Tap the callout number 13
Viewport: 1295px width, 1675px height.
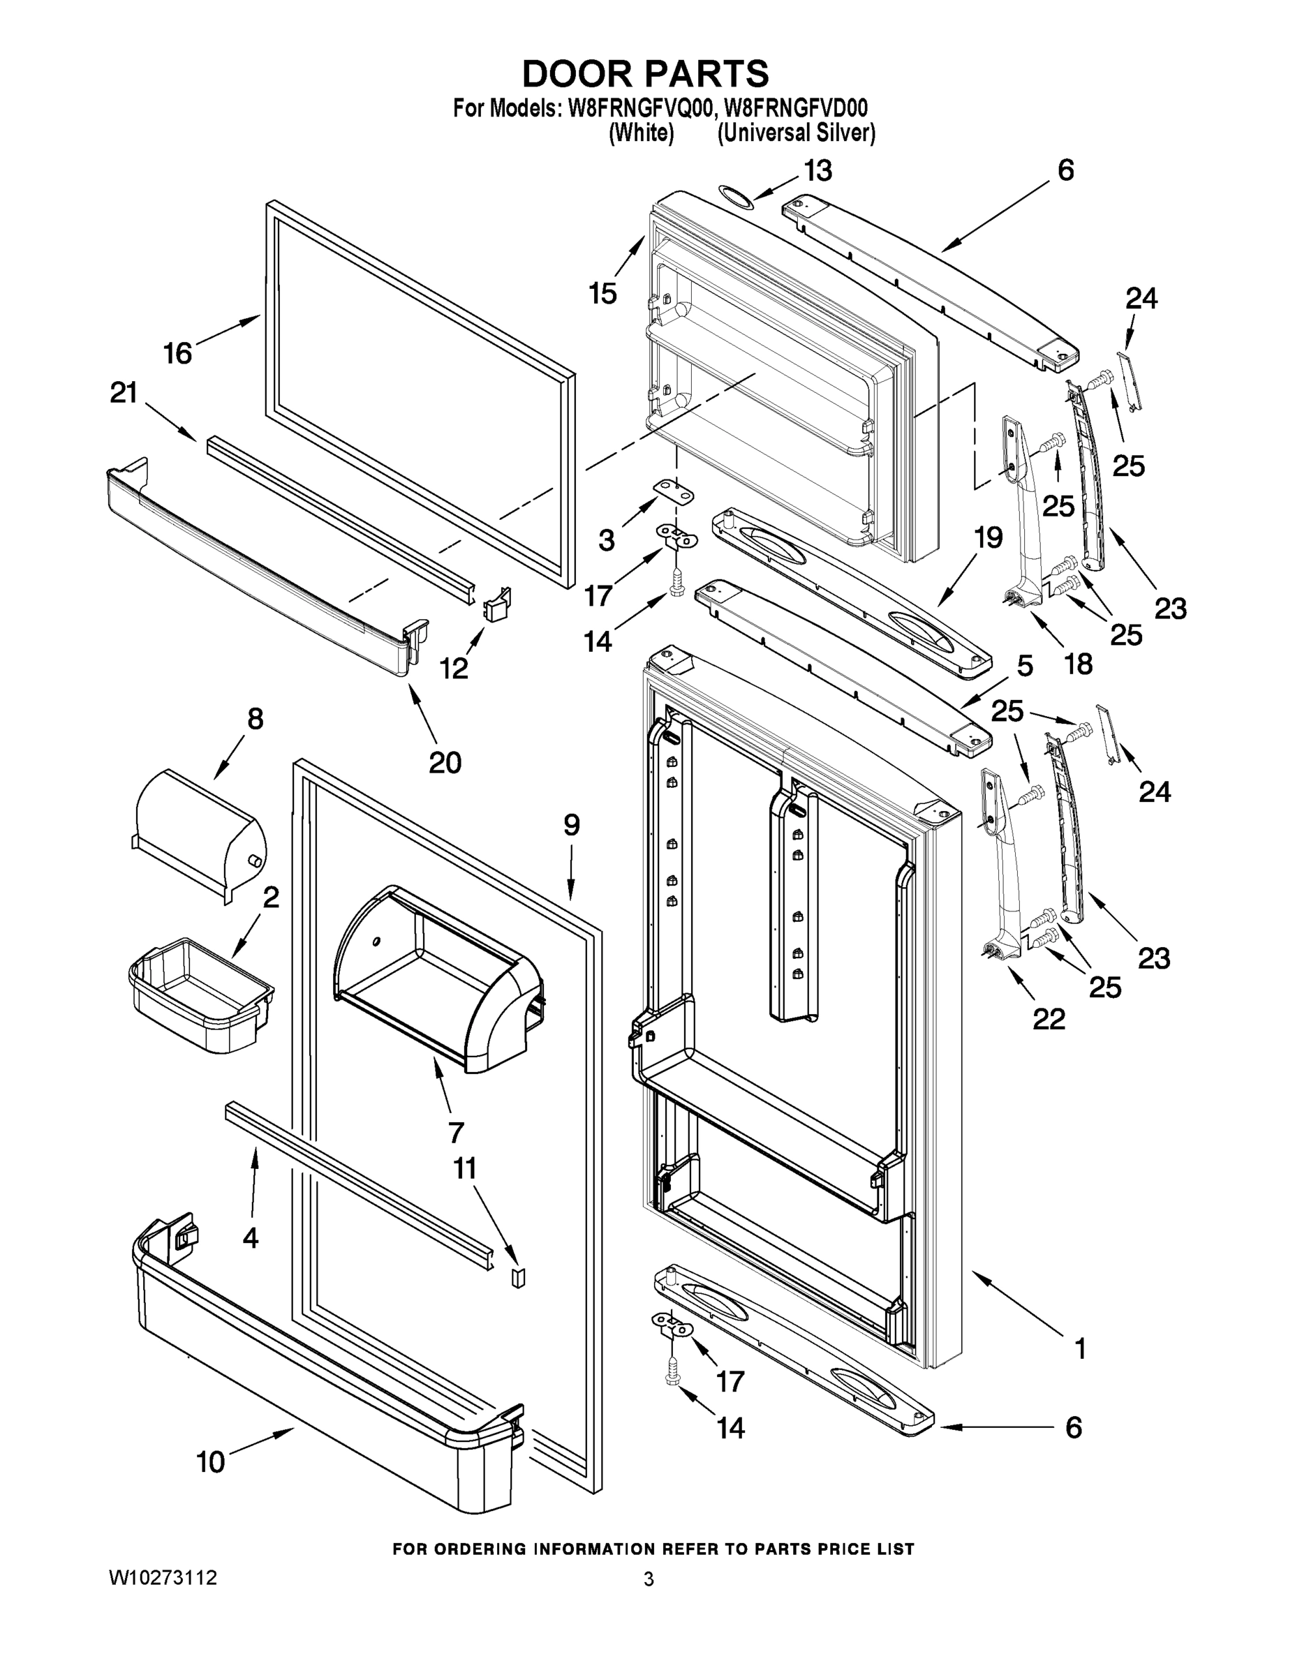(817, 170)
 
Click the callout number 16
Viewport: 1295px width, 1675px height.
(177, 354)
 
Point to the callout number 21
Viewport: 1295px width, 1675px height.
(124, 393)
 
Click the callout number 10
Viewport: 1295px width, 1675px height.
(211, 1462)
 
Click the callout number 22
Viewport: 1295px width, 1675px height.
(1048, 1019)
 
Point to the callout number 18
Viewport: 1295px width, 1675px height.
(1078, 664)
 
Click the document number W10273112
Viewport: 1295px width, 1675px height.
(163, 1577)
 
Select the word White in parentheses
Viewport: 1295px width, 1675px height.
(642, 133)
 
